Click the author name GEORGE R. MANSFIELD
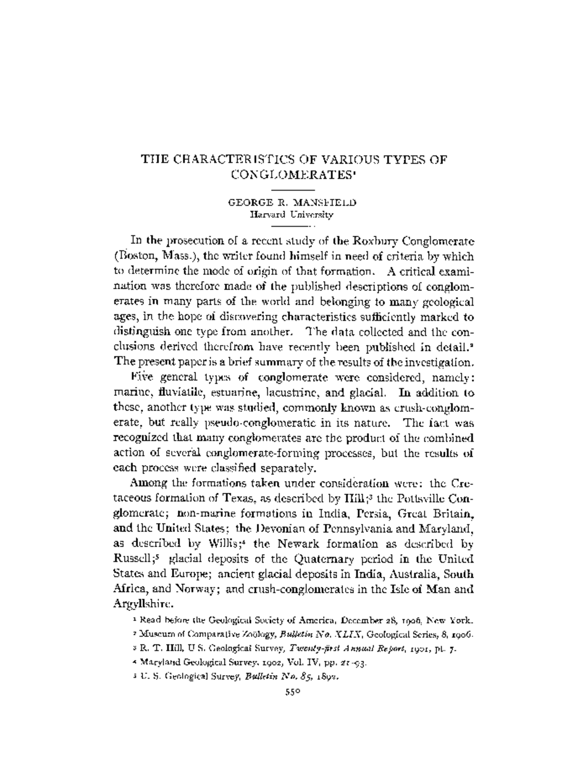coord(294,202)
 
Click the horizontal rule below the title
coord(293,189)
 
